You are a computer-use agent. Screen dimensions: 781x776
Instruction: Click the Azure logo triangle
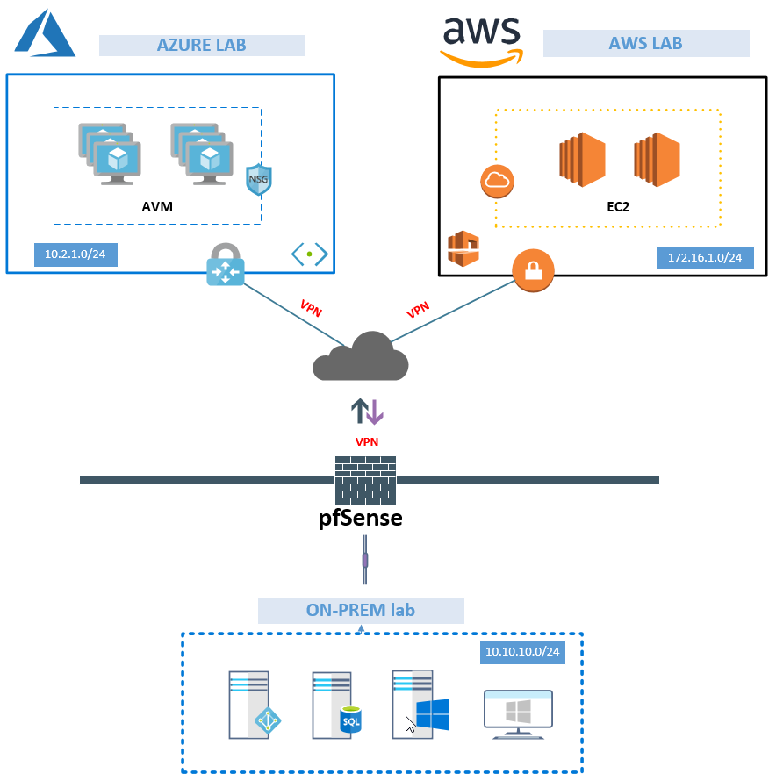pos(44,35)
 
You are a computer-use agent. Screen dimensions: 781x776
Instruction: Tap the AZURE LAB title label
pos(201,46)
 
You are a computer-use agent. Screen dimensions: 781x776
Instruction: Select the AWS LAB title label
pos(645,44)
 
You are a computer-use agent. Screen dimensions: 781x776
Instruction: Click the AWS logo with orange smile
pos(481,40)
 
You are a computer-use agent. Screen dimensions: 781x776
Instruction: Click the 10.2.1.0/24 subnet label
pos(75,255)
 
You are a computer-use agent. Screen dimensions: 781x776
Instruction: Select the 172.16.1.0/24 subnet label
pos(704,258)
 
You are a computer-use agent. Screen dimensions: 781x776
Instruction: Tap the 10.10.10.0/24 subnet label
pos(523,652)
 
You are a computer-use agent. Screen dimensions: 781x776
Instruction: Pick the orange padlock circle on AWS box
pos(534,271)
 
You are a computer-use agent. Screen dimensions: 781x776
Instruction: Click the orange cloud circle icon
pos(497,182)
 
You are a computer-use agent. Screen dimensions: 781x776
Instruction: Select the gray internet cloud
pos(361,357)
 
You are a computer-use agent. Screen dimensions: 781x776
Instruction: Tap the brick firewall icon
pos(365,480)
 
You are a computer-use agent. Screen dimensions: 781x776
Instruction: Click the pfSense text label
pos(360,518)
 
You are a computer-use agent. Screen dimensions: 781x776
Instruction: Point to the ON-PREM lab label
pos(360,611)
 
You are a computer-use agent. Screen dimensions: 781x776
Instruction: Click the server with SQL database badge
pos(338,705)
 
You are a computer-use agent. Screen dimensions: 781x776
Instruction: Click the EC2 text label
pos(620,208)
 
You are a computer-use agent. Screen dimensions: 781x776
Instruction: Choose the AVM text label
pos(157,207)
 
